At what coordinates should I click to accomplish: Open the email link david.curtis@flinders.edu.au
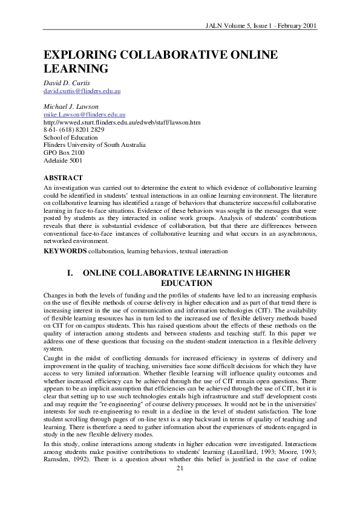tap(82, 91)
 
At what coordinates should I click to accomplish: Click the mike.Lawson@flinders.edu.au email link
tap(84, 114)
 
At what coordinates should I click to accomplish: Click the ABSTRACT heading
tap(63, 178)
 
